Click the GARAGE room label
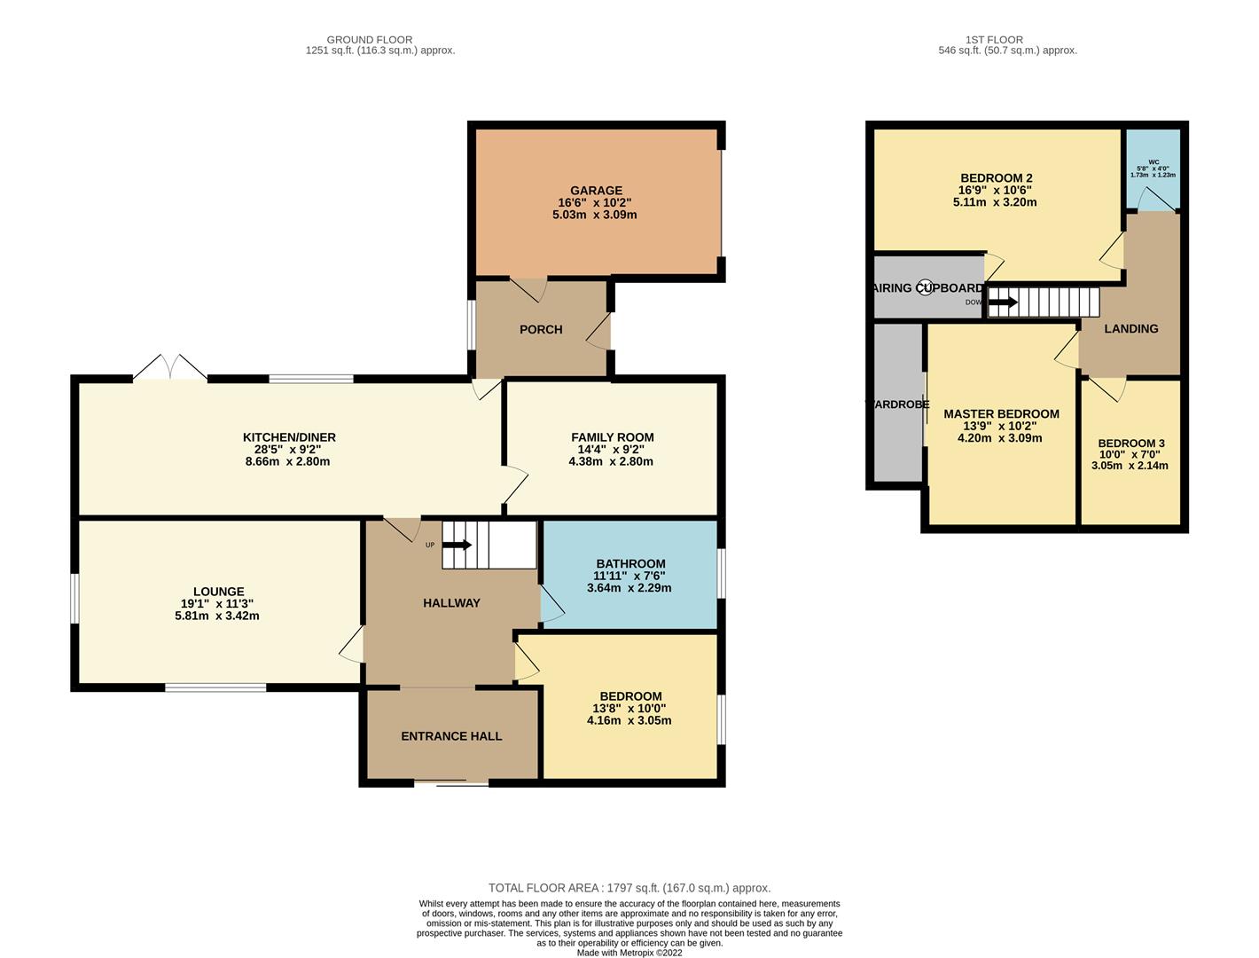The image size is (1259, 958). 596,191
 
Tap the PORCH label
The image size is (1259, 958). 541,329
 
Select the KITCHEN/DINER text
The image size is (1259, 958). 289,437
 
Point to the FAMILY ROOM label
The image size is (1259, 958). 612,437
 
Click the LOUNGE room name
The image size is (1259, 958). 218,592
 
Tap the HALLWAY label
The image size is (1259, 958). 451,603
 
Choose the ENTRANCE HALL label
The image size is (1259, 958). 451,736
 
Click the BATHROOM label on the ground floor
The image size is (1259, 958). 630,563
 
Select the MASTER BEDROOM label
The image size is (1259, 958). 1001,414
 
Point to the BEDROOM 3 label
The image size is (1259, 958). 1130,444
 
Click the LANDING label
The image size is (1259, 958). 1130,329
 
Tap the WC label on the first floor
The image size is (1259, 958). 1153,162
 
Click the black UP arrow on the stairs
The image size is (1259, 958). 461,545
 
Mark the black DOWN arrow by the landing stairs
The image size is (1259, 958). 1003,302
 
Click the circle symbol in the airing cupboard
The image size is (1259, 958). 925,287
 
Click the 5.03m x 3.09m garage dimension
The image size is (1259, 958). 596,215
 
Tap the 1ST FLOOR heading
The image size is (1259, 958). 994,40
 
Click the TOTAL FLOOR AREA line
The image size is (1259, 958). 629,888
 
